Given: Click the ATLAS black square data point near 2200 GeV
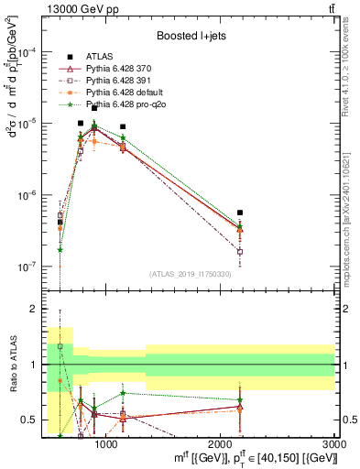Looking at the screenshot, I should pyautogui.click(x=240, y=213).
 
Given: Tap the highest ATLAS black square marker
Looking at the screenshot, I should pyautogui.click(x=94, y=108).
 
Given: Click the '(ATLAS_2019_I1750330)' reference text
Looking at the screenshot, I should pyautogui.click(x=190, y=274).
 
